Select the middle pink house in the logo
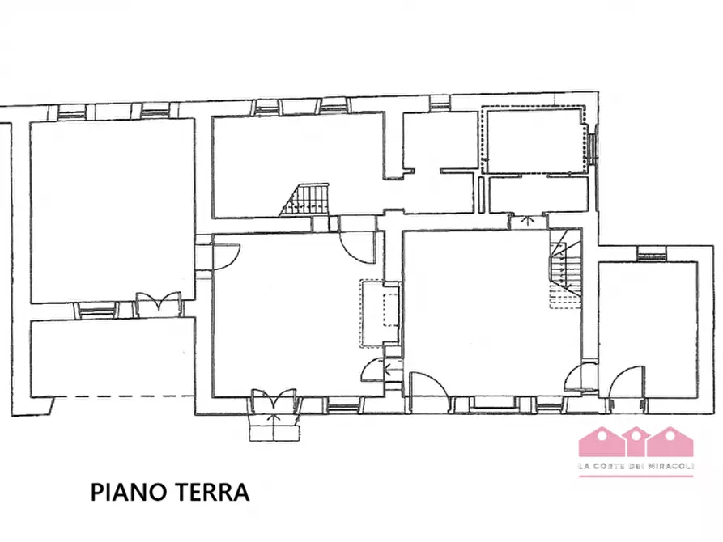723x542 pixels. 636,442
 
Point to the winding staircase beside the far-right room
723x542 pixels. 565,270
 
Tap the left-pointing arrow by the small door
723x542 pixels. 393,371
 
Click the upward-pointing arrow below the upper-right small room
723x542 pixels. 527,220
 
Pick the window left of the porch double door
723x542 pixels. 96,309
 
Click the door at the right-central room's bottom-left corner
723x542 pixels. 427,387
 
